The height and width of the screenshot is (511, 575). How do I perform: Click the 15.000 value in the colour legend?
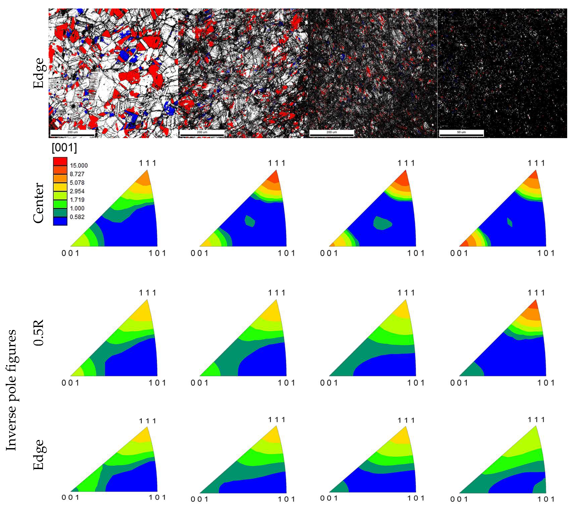click(x=79, y=165)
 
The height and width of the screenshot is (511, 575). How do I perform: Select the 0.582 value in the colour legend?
click(x=77, y=217)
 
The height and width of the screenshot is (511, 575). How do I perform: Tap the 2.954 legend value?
click(x=77, y=191)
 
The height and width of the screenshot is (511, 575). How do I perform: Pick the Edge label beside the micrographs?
click(x=39, y=73)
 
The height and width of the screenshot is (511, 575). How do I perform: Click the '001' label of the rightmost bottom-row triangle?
click(x=459, y=499)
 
